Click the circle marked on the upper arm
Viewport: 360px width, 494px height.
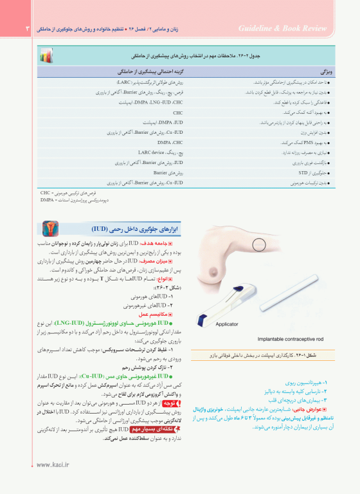click(259, 245)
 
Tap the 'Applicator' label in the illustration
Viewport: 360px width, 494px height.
click(228, 324)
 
